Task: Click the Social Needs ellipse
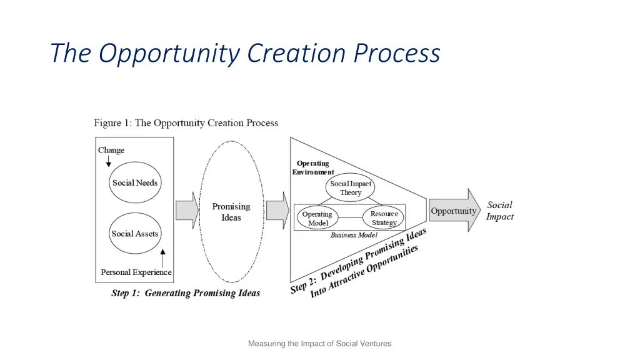point(135,183)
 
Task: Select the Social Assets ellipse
point(135,234)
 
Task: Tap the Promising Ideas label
point(231,212)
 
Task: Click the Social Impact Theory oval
point(351,188)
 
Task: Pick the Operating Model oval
point(317,218)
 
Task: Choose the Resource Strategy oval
point(384,218)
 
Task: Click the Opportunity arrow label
point(453,211)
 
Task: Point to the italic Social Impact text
point(499,211)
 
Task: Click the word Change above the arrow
point(111,150)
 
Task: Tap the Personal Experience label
point(136,272)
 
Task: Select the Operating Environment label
point(313,167)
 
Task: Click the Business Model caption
point(354,235)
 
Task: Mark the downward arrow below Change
point(109,161)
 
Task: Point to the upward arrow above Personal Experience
point(162,257)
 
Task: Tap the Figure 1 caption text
point(186,123)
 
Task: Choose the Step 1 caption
point(186,293)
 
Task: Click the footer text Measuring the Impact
point(319,343)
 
